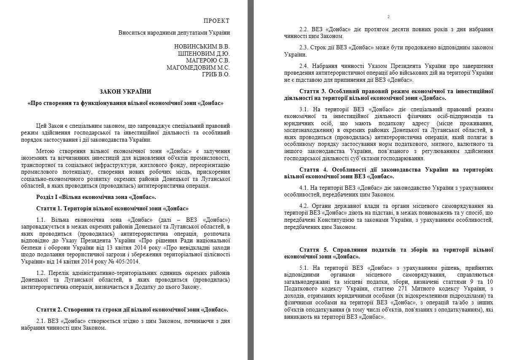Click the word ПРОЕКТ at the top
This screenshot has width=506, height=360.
[x=217, y=21]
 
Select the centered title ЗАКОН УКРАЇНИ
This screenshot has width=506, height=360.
[x=125, y=91]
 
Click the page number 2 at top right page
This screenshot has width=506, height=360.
[x=388, y=17]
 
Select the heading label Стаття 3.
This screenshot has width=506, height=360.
[x=312, y=91]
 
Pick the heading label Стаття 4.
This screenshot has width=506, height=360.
[x=312, y=169]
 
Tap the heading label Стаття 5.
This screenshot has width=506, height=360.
[x=312, y=250]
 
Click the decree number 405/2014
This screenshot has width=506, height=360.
[x=106, y=261]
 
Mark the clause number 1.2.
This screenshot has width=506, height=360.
[x=41, y=273]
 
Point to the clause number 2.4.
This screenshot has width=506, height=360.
[x=304, y=66]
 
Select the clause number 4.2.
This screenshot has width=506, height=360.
[x=304, y=206]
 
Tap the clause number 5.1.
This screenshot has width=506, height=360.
[x=304, y=268]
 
